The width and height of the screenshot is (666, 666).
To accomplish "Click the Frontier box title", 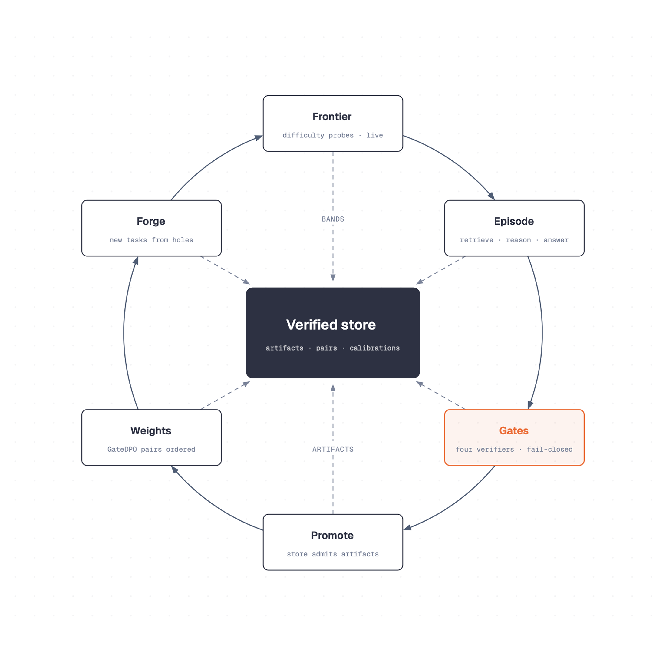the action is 332,117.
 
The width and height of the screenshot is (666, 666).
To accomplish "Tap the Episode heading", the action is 514,221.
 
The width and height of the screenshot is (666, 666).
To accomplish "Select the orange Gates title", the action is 514,430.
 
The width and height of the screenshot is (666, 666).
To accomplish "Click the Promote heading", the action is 332,535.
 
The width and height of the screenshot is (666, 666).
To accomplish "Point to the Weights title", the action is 151,430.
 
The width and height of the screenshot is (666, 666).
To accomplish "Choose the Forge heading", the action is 151,221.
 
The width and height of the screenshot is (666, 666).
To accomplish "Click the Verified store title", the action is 331,325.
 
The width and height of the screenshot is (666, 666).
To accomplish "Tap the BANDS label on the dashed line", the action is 333,219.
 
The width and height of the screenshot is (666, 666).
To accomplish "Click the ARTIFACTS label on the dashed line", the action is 333,449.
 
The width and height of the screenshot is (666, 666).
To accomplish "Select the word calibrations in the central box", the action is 375,348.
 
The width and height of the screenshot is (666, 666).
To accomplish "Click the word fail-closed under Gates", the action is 550,450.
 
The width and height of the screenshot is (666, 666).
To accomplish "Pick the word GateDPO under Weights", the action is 122,450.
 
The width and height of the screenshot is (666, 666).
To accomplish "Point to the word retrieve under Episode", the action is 476,240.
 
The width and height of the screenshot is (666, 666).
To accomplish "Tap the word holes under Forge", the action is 183,240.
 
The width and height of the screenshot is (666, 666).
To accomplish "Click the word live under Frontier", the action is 375,136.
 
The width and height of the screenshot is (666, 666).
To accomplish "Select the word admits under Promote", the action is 325,554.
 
